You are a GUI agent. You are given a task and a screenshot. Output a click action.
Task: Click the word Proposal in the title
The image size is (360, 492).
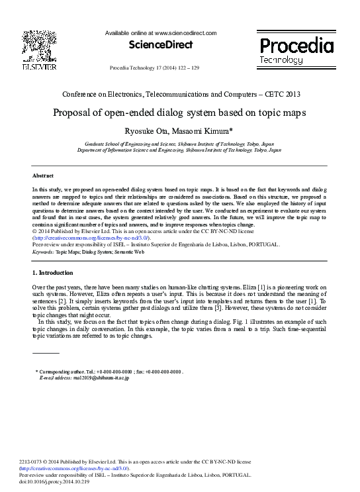73,112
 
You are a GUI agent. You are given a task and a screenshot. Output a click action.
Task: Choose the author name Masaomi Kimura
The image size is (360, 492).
202,130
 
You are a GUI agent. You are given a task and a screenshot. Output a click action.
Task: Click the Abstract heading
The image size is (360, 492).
43,175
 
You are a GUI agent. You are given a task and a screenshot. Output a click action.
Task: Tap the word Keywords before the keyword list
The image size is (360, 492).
42,252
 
